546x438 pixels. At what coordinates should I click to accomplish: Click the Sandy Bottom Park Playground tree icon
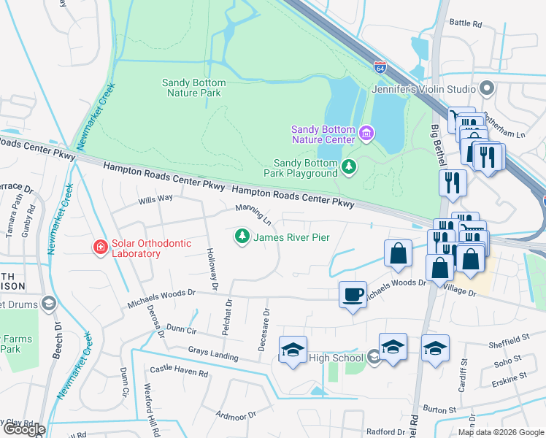coord(350,168)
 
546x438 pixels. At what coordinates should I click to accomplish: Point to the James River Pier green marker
coord(242,237)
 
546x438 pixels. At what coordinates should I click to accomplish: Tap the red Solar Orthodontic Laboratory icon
coord(99,248)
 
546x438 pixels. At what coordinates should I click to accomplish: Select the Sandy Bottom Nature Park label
coord(193,88)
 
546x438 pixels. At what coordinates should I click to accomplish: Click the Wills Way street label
coord(155,198)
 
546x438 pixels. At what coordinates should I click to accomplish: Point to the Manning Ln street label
coord(253,215)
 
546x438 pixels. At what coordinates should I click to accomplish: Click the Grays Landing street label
coord(213,354)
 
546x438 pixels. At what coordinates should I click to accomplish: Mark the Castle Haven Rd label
coord(179,372)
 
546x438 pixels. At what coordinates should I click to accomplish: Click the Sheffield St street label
coord(509,339)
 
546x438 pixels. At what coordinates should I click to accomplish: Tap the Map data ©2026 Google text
coord(501,432)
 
